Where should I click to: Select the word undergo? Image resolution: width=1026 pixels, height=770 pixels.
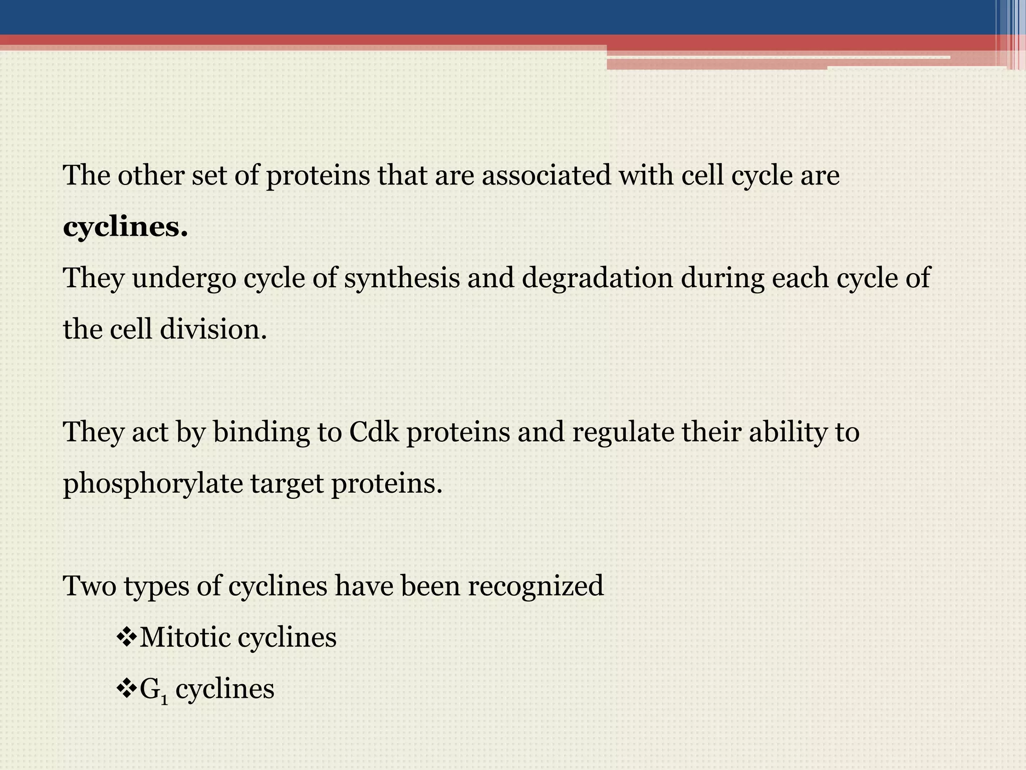coord(184,279)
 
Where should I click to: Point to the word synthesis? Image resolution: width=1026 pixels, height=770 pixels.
coord(402,279)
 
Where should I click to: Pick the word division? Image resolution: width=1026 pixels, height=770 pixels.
coord(213,330)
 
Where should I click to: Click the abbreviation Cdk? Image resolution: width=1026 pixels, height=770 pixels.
coord(374,432)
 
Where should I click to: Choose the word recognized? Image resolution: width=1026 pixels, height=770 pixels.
coord(536,586)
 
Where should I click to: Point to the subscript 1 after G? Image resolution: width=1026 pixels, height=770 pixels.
coord(164,698)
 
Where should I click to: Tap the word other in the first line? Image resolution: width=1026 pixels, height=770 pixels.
coord(150,175)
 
